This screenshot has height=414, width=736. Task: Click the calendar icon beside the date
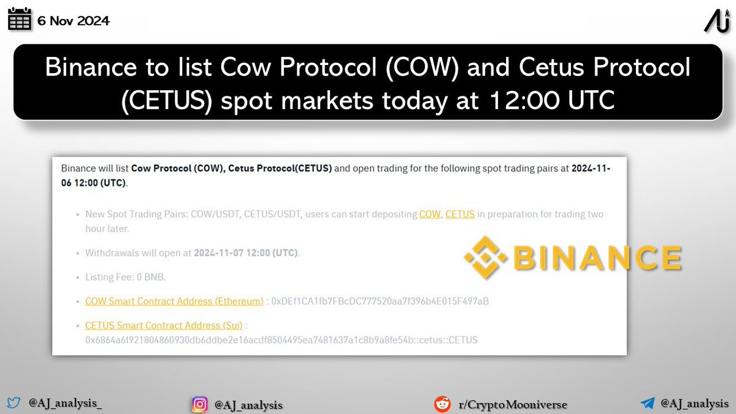[19, 20]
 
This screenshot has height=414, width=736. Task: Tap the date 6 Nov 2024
[73, 21]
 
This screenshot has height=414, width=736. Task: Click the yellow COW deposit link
[429, 214]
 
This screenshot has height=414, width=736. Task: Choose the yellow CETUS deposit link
[459, 214]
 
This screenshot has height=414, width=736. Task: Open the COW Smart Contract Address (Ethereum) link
[174, 301]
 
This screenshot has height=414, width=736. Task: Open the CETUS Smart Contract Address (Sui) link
[164, 325]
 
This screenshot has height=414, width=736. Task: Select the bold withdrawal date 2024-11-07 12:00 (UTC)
[246, 253]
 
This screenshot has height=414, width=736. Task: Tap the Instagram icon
[199, 404]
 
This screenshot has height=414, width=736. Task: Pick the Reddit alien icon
[442, 404]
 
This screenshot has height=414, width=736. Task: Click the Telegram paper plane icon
[648, 404]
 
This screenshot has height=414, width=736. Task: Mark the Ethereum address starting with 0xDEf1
[380, 301]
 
